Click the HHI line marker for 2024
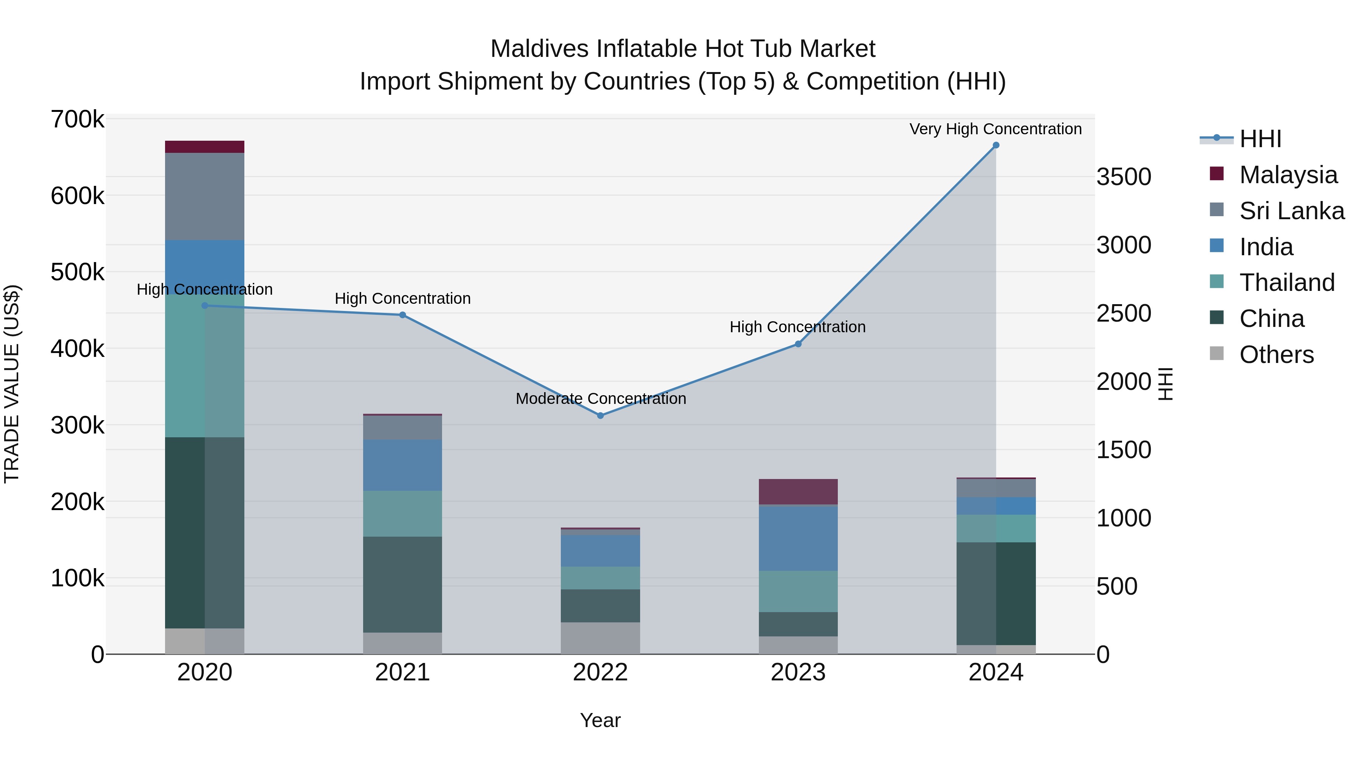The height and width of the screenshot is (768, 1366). (996, 145)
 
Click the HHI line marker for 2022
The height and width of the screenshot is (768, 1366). (600, 416)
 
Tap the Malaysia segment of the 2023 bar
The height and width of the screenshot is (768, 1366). (798, 491)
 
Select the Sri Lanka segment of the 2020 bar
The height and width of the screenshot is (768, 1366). (205, 196)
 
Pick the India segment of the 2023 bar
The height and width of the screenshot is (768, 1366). (798, 537)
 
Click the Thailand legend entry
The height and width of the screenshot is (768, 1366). (1286, 283)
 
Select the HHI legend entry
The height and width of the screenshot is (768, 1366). (1260, 139)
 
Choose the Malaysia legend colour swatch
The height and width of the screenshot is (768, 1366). (1217, 174)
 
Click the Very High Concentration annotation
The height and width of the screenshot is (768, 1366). (995, 129)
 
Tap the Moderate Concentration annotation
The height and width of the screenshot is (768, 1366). (601, 399)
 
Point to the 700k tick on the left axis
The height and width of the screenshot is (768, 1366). (77, 120)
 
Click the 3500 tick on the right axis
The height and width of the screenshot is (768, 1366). (1124, 177)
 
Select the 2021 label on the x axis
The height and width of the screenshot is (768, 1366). (403, 672)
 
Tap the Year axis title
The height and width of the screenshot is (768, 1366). (600, 720)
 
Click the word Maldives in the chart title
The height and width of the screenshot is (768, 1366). (539, 49)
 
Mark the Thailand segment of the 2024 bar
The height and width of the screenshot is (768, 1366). (996, 528)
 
